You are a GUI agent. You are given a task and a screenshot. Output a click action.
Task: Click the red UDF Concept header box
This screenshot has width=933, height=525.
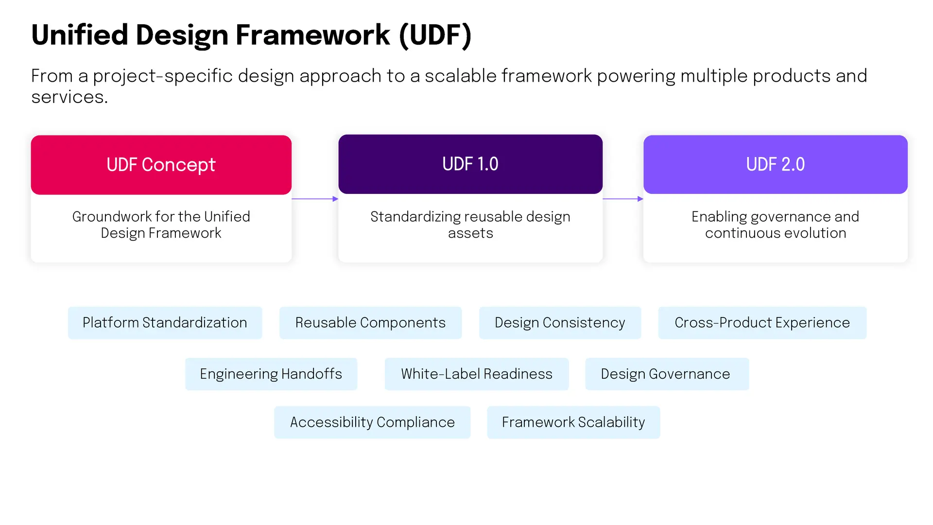pos(161,165)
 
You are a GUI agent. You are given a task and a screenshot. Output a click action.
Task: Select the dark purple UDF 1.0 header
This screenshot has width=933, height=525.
pos(470,164)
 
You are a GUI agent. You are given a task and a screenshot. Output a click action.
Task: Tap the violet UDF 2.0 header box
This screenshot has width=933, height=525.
pos(776,164)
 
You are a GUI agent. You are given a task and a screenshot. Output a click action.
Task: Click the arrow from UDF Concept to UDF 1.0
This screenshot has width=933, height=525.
pos(315,199)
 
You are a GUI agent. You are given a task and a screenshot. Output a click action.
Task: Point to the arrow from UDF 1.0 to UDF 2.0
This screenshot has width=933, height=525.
pos(623,199)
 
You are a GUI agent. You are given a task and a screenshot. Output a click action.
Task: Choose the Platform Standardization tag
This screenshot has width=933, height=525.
pos(165,323)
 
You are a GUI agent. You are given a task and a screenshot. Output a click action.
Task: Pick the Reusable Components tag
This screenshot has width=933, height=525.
pos(370,323)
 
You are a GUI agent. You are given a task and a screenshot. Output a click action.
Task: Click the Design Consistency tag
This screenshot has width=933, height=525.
pos(560,323)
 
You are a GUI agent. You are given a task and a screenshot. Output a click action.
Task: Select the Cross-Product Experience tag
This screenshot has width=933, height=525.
pos(762,323)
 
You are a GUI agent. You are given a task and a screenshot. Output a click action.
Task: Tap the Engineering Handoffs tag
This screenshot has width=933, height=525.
pos(271,374)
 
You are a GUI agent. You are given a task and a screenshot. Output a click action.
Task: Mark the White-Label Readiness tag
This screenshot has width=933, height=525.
pos(477,374)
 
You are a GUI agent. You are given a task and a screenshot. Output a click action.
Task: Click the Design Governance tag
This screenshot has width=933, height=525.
pos(667,374)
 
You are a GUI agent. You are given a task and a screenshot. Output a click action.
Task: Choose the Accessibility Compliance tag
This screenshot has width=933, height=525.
pos(372,422)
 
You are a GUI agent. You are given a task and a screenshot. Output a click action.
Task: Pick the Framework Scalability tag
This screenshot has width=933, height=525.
pos(573,422)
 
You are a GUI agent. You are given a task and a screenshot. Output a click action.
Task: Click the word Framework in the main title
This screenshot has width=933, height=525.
pos(313,35)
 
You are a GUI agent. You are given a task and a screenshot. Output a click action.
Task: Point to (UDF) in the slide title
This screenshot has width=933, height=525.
pos(435,35)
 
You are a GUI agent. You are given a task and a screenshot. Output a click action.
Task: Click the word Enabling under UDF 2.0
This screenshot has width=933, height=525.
pos(712,217)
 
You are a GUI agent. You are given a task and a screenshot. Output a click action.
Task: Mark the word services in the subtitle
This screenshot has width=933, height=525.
pos(69,97)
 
